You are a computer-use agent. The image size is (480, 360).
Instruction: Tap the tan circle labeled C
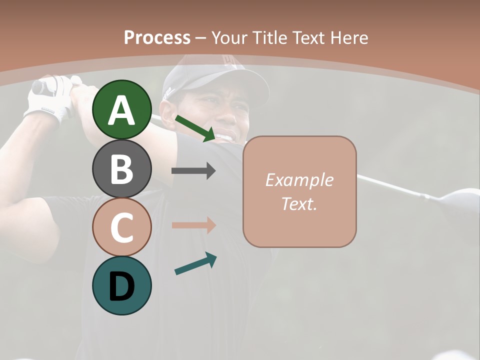pyautogui.click(x=121, y=227)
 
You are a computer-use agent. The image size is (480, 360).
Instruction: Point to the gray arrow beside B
pyautogui.click(x=193, y=171)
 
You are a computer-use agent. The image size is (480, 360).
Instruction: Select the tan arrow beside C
pyautogui.click(x=193, y=225)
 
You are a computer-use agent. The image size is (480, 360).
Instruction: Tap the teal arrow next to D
pyautogui.click(x=195, y=263)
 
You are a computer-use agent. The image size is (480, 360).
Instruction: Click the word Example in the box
pyautogui.click(x=299, y=180)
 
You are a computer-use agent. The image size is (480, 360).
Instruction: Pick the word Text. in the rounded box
pyautogui.click(x=299, y=203)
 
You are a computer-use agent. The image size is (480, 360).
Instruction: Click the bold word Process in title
pyautogui.click(x=157, y=38)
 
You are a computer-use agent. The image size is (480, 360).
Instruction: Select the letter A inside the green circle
pyautogui.click(x=121, y=111)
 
